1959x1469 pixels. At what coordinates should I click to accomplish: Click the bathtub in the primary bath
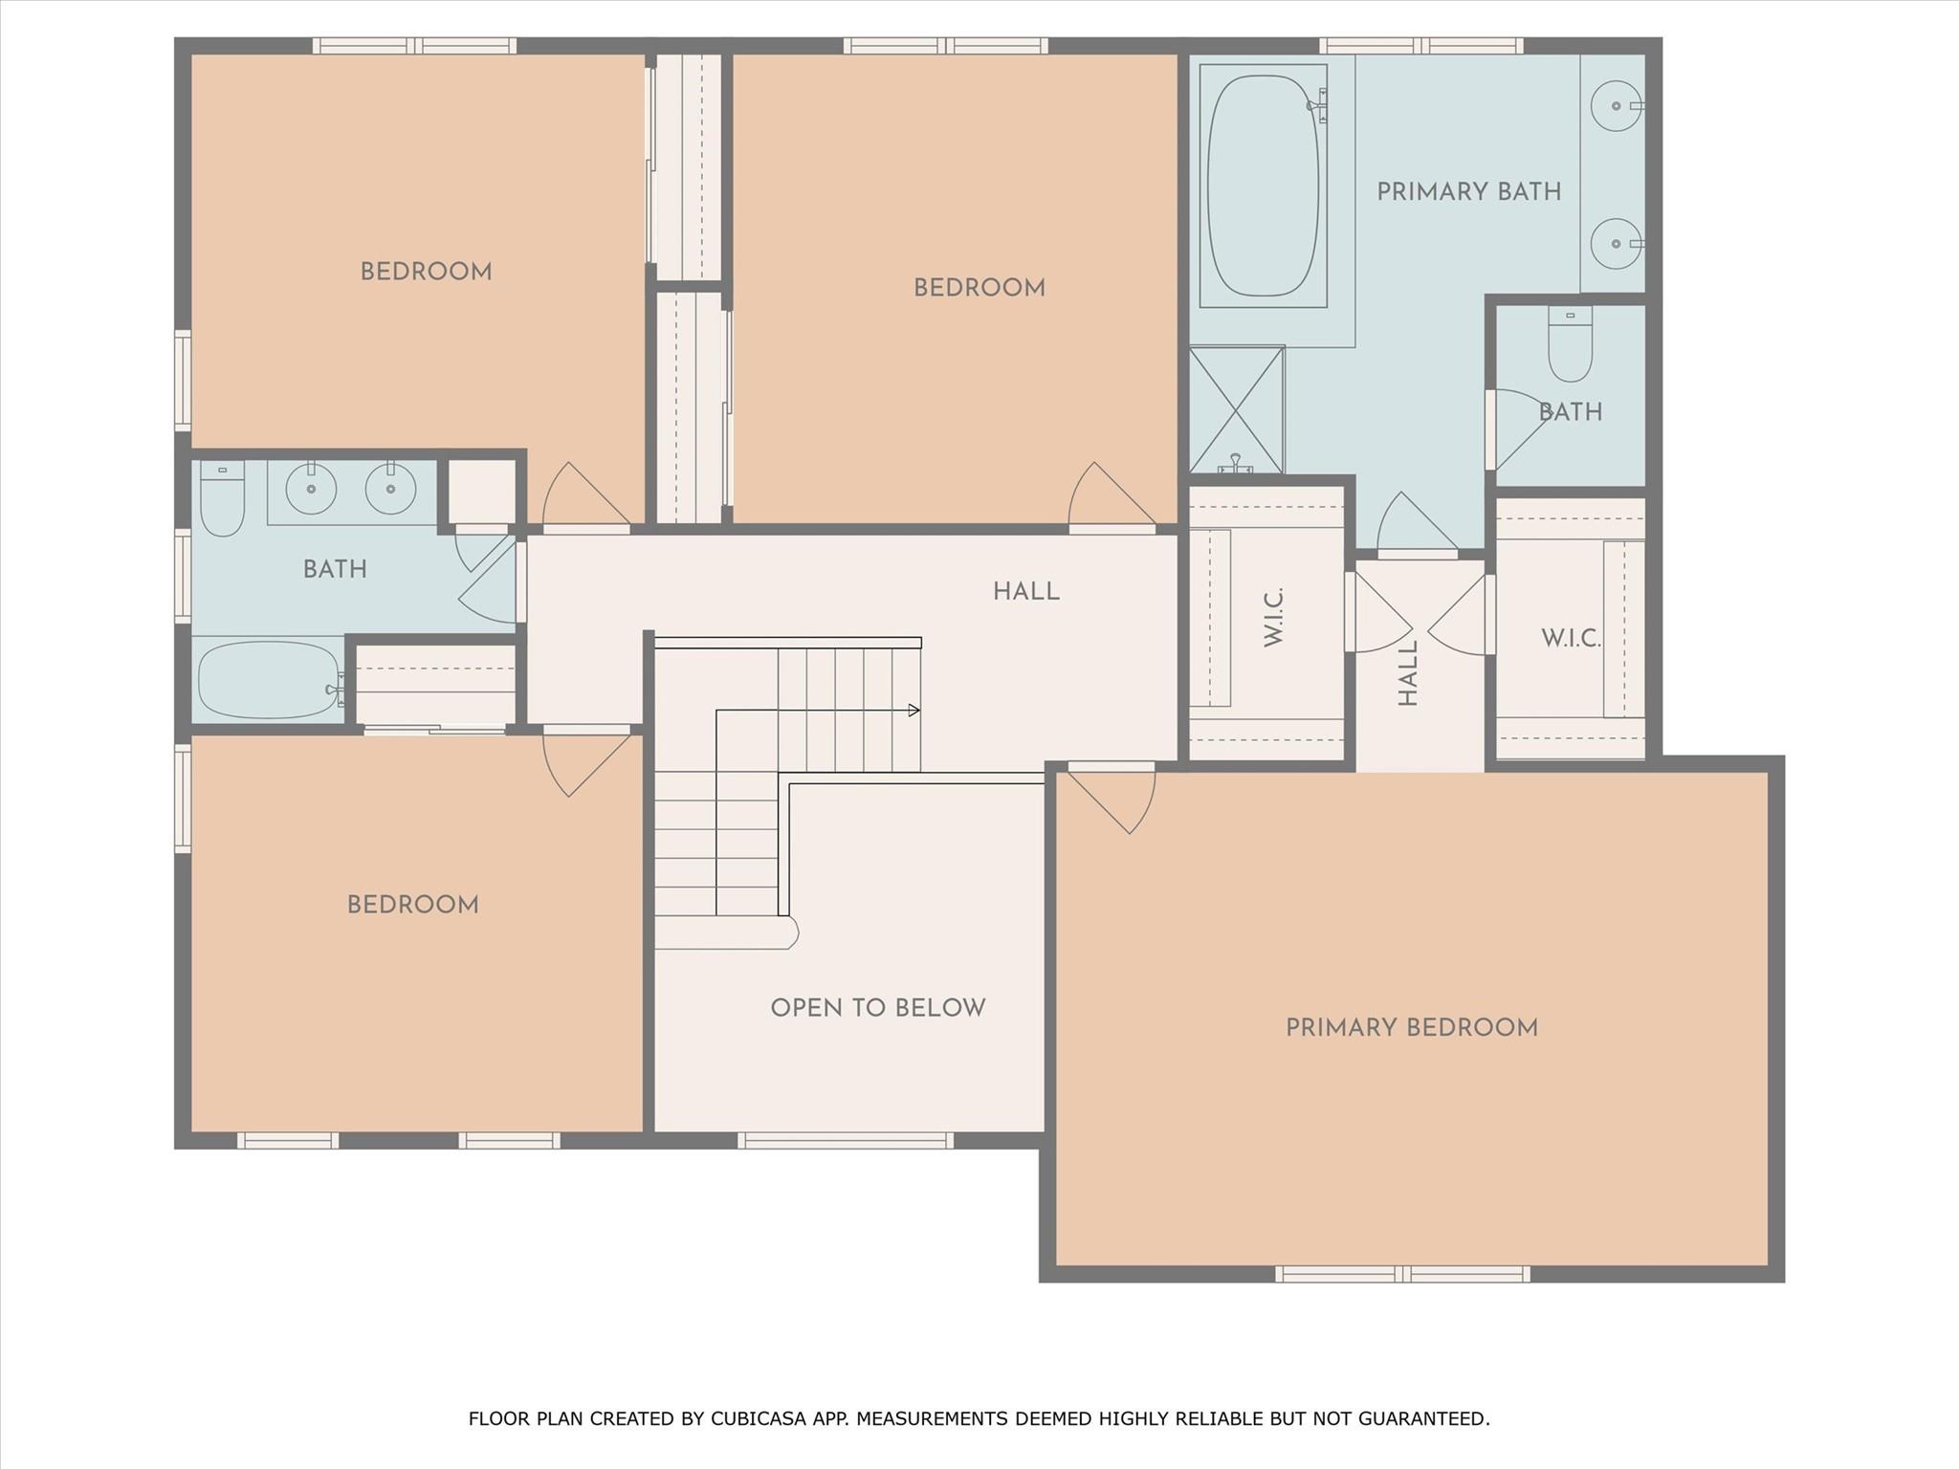click(x=1263, y=186)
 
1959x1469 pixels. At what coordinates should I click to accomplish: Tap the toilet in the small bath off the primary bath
click(x=1570, y=343)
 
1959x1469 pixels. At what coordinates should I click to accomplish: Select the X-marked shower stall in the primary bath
click(x=1236, y=409)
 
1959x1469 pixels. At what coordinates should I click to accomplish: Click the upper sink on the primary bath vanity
click(x=1617, y=105)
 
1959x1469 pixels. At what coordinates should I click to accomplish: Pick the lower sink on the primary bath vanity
click(x=1617, y=243)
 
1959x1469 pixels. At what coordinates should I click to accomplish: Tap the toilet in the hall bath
click(x=222, y=497)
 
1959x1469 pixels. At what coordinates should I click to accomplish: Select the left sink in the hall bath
click(x=311, y=489)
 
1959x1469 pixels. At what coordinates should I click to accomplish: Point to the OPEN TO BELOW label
click(x=877, y=1007)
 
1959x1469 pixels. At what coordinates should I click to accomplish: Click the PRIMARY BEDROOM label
click(x=1411, y=1027)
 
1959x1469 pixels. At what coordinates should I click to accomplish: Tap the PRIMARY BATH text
click(x=1468, y=191)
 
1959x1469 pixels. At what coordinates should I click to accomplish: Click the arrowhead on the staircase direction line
click(x=914, y=711)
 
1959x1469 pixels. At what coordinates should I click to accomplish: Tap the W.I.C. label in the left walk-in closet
click(x=1273, y=617)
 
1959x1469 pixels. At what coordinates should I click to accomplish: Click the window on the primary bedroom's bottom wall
click(x=1402, y=1274)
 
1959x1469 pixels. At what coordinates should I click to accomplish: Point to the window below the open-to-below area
click(x=846, y=1140)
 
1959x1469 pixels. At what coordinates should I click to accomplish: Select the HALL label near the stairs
click(x=1025, y=591)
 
